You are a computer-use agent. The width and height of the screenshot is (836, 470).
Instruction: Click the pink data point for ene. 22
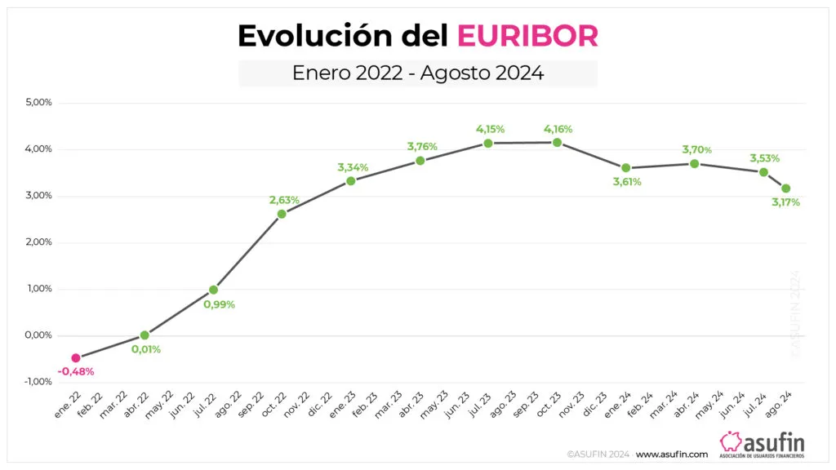click(x=76, y=357)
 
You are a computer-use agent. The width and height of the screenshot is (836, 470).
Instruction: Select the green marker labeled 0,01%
click(x=145, y=335)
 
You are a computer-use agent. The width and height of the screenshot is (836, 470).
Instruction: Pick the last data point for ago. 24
click(x=786, y=188)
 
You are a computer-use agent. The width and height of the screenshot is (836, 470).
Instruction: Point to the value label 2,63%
click(x=284, y=200)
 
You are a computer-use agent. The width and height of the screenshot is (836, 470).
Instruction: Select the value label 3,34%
click(x=353, y=167)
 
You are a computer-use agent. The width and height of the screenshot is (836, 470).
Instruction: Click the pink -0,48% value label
click(x=76, y=372)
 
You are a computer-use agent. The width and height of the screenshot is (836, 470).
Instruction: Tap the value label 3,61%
click(x=626, y=182)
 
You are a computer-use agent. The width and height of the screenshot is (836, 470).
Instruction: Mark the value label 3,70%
click(x=696, y=149)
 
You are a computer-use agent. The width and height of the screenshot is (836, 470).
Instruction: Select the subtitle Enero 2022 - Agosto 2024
click(x=418, y=73)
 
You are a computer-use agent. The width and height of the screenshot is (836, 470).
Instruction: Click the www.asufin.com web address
click(x=671, y=454)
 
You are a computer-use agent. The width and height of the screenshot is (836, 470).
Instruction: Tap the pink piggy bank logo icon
click(x=731, y=441)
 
